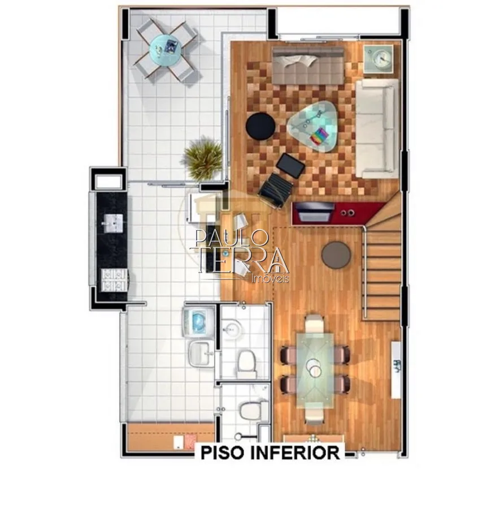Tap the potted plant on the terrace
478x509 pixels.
pyautogui.click(x=203, y=159)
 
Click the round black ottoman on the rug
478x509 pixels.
pyautogui.click(x=260, y=126)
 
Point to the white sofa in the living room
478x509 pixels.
pyautogui.click(x=377, y=128)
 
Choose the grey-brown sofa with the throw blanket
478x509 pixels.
pyautogui.click(x=308, y=65)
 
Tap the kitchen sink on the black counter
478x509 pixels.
pyautogui.click(x=112, y=223)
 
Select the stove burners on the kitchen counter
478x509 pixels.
pyautogui.click(x=114, y=280)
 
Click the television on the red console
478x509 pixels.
pyautogui.click(x=314, y=211)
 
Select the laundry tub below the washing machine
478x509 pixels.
pyautogui.click(x=201, y=354)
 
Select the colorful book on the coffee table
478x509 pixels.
pyautogui.click(x=319, y=136)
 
